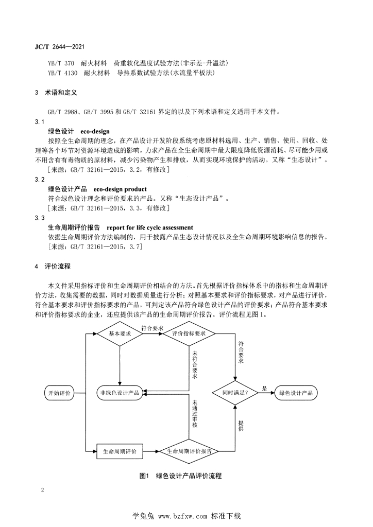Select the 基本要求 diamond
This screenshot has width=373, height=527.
pyautogui.click(x=120, y=333)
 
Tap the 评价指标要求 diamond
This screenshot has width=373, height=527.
pyautogui.click(x=189, y=333)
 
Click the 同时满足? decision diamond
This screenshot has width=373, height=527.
pyautogui.click(x=236, y=393)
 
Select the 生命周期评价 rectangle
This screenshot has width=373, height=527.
pyautogui.click(x=120, y=451)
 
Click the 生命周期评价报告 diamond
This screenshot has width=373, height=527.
pyautogui.click(x=189, y=451)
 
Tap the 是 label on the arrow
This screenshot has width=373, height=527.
pyautogui.click(x=264, y=389)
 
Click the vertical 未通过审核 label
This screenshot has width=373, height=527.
pyautogui.click(x=194, y=415)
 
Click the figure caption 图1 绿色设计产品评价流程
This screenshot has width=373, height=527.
pyautogui.click(x=180, y=476)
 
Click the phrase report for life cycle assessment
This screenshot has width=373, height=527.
pyautogui.click(x=150, y=227)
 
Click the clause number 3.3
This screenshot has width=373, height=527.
pyautogui.click(x=39, y=218)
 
